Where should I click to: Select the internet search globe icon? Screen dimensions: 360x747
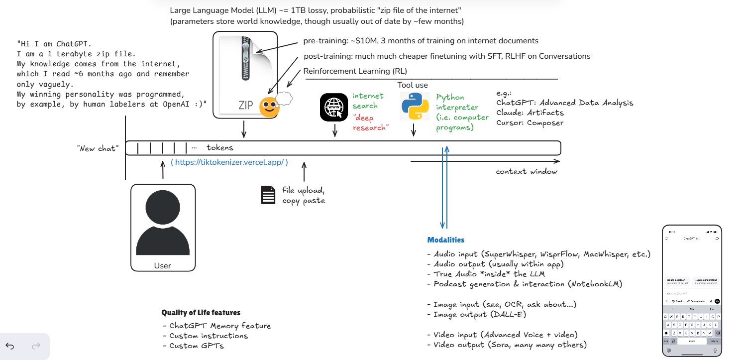tap(334, 107)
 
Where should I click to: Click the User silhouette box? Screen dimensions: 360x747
tap(163, 228)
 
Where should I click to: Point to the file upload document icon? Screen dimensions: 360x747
tap(268, 195)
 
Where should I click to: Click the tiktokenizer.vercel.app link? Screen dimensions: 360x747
tap(229, 162)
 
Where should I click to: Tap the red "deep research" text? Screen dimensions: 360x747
tap(371, 123)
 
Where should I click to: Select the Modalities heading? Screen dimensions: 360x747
tap(446, 240)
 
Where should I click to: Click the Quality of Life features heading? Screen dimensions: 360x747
tap(201, 313)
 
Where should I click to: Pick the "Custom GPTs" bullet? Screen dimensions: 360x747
tap(196, 346)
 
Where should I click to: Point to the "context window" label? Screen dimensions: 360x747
tap(527, 172)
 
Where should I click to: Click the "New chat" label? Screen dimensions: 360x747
tap(98, 148)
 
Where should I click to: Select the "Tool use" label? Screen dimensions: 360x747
tap(413, 85)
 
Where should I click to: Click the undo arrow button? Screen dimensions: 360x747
tap(10, 346)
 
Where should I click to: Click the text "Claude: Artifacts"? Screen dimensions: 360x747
tap(530, 113)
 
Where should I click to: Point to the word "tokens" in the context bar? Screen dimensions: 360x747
tap(219, 148)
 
